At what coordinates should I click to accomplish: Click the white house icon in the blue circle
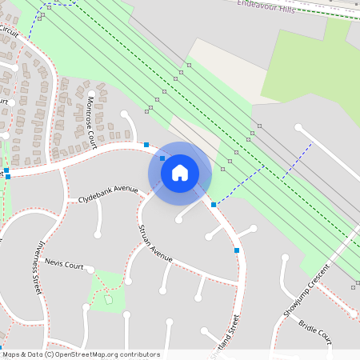click(180, 172)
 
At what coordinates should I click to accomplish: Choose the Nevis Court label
click(65, 263)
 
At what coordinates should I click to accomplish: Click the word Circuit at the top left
click(9, 31)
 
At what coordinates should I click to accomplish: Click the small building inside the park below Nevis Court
click(109, 299)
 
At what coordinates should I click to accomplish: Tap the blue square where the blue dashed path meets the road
click(214, 205)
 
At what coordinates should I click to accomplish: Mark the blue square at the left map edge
click(6, 170)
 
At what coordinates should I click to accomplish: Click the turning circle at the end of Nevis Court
click(90, 270)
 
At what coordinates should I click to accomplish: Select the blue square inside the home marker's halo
click(162, 158)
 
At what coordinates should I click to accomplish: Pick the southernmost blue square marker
click(237, 250)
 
